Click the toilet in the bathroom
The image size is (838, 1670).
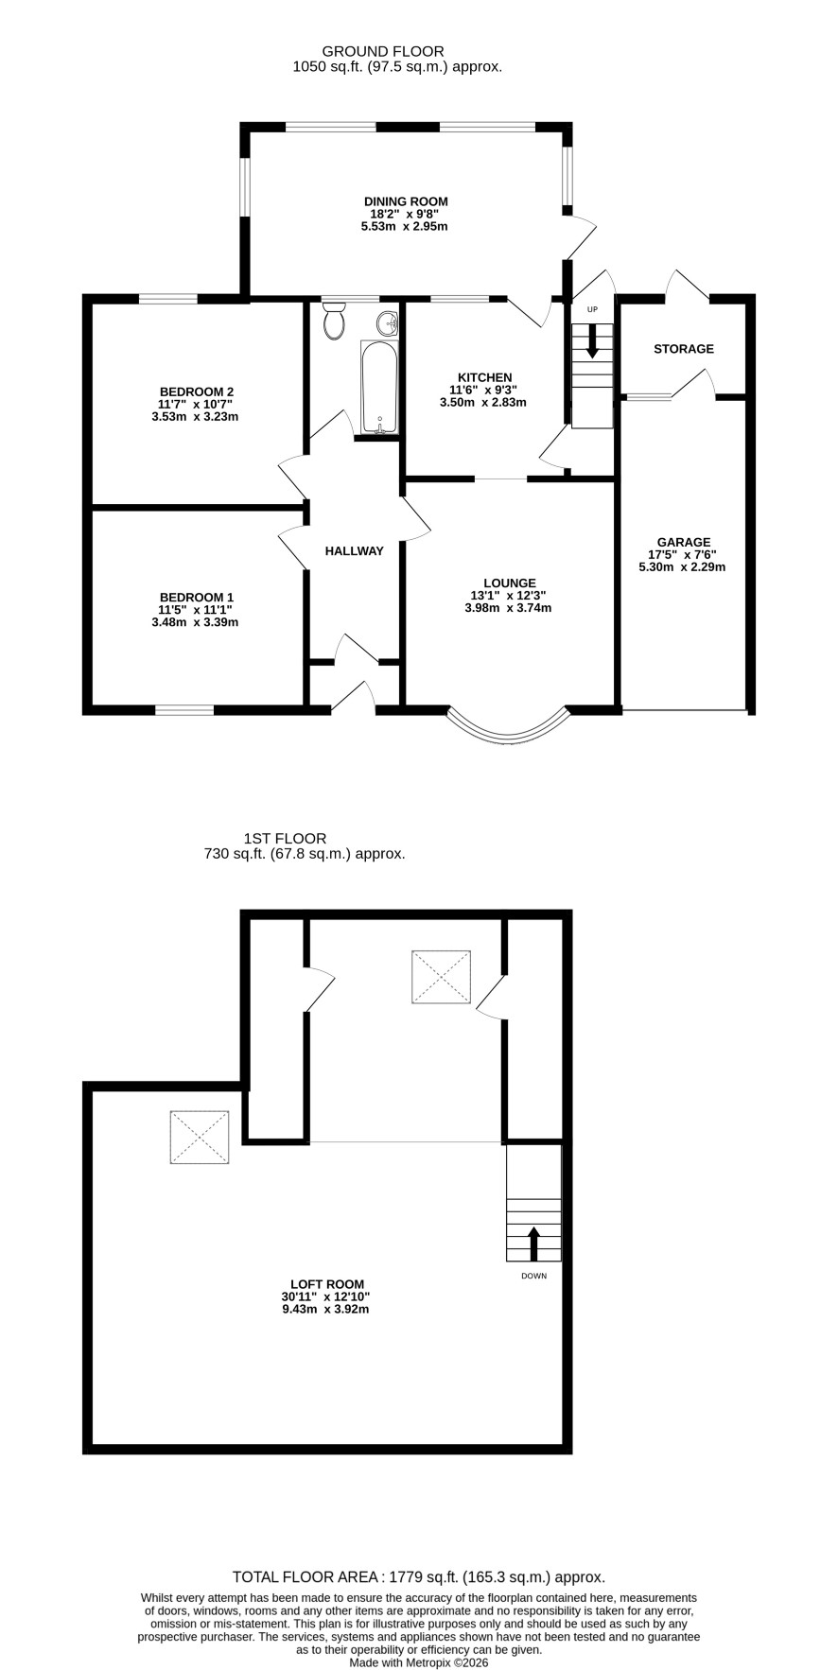click(x=334, y=322)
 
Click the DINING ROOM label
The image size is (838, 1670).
click(x=406, y=201)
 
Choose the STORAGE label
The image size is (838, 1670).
click(x=684, y=349)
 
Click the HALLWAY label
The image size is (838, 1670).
click(x=355, y=551)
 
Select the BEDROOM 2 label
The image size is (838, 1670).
click(x=197, y=391)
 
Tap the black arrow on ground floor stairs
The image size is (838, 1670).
click(x=593, y=340)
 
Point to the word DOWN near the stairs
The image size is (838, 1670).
click(x=533, y=1276)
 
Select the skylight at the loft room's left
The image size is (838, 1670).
click(x=200, y=1138)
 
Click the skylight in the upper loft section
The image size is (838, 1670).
click(x=441, y=976)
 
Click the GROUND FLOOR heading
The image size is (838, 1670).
click(x=383, y=51)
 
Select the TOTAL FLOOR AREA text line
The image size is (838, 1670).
click(x=419, y=1577)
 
